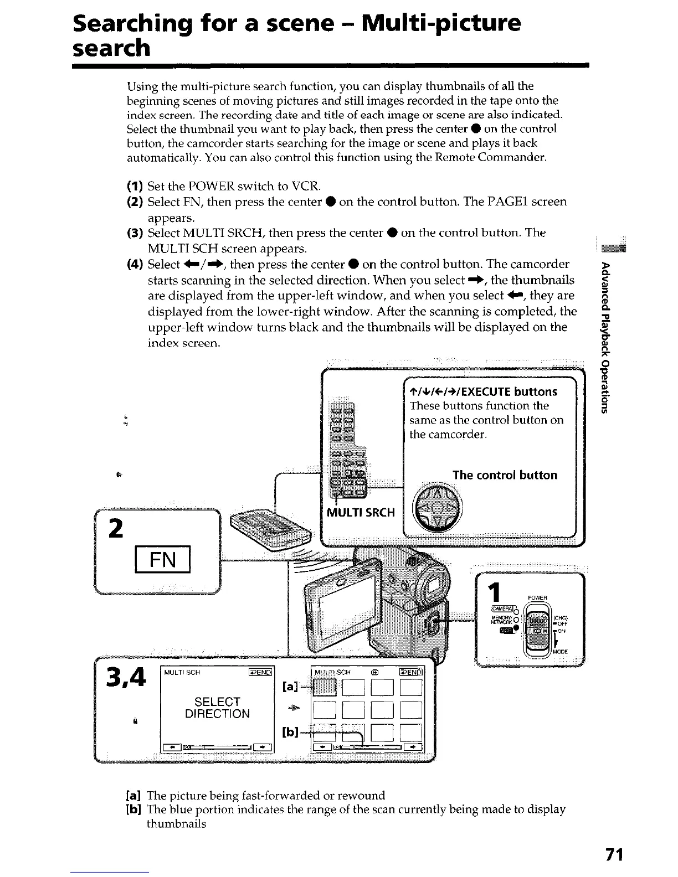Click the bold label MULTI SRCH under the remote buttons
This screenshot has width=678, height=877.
(x=361, y=512)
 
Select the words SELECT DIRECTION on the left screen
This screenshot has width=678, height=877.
(x=217, y=708)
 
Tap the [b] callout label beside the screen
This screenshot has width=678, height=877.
(x=291, y=732)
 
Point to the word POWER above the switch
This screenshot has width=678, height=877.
(x=538, y=597)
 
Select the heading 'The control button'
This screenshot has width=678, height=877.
(x=505, y=475)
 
